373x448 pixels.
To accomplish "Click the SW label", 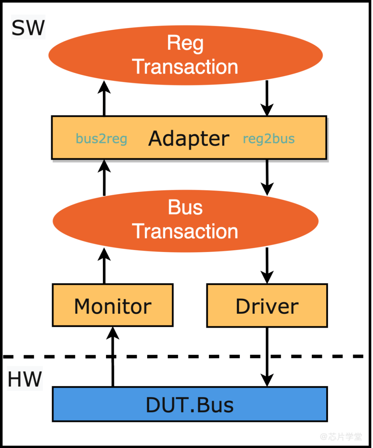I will pyautogui.click(x=28, y=28).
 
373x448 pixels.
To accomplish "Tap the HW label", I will pyautogui.click(x=25, y=379).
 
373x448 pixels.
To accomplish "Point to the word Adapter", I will pyautogui.click(x=189, y=138).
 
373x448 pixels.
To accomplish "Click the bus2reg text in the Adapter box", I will pyautogui.click(x=101, y=139).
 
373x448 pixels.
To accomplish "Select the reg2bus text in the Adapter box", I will pyautogui.click(x=269, y=139).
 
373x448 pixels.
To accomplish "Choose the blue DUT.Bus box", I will pyautogui.click(x=190, y=405).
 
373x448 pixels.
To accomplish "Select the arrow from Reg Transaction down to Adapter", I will pyautogui.click(x=267, y=98).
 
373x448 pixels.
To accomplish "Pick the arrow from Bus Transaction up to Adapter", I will pyautogui.click(x=104, y=177).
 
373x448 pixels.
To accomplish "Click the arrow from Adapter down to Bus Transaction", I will pyautogui.click(x=267, y=177).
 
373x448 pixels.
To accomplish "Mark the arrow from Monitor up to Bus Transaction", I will pyautogui.click(x=104, y=266).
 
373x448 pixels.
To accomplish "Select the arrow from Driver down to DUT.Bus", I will pyautogui.click(x=267, y=357).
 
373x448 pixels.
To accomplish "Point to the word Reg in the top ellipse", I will pyautogui.click(x=185, y=43).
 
